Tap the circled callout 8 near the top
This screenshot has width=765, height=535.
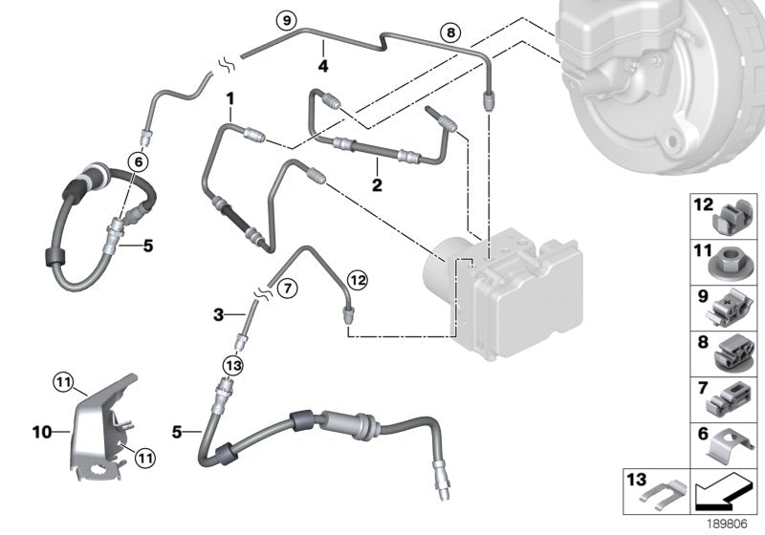click(x=448, y=32)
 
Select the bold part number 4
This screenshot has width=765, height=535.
click(x=323, y=66)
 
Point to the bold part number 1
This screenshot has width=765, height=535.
click(x=229, y=97)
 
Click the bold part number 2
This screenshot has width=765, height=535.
click(x=377, y=184)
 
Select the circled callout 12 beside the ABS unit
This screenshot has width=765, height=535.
click(x=357, y=280)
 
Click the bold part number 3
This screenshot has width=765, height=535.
click(x=217, y=313)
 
